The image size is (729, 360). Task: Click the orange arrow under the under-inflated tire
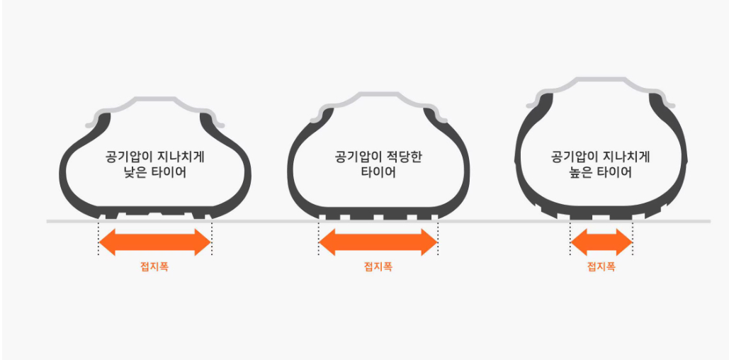tap(154, 243)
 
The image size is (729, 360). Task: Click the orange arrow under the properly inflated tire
tap(378, 243)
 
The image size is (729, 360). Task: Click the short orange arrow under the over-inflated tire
tap(601, 243)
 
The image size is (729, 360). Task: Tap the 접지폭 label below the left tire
tap(154, 268)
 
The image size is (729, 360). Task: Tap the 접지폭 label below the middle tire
tap(378, 267)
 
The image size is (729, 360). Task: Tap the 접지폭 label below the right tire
tap(601, 267)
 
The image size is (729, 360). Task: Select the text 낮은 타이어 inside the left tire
tap(154, 171)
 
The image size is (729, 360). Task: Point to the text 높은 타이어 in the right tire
tap(601, 171)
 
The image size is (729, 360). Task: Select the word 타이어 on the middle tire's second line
tap(378, 172)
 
